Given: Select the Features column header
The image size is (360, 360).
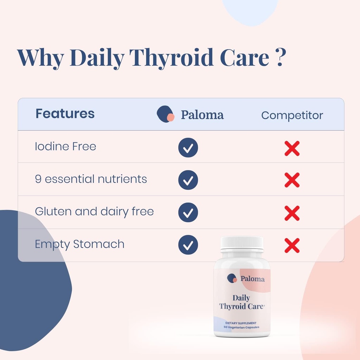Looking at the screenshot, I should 65,114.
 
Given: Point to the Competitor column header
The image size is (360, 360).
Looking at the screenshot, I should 292,115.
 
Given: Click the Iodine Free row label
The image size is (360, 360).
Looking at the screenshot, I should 65,147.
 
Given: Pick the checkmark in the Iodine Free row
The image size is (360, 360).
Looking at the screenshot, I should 188,148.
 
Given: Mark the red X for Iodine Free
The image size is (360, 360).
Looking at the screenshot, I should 292,148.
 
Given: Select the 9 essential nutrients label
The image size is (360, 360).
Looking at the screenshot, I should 91,179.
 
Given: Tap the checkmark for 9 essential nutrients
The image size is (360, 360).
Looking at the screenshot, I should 188,180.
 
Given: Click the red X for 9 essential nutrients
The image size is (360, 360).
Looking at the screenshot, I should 292,180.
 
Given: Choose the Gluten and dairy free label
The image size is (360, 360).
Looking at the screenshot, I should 94,212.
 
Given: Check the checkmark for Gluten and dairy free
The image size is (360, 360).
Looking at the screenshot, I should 188,212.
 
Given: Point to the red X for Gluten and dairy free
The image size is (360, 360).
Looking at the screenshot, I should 292,213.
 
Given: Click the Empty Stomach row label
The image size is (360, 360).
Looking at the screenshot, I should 79,244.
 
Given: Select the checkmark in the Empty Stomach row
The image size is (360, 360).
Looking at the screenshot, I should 188,245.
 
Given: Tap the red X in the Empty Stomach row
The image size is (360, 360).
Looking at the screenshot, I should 292,245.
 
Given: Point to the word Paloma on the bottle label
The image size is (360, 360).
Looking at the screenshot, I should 252,279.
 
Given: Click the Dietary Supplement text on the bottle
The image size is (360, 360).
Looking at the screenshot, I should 241,323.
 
